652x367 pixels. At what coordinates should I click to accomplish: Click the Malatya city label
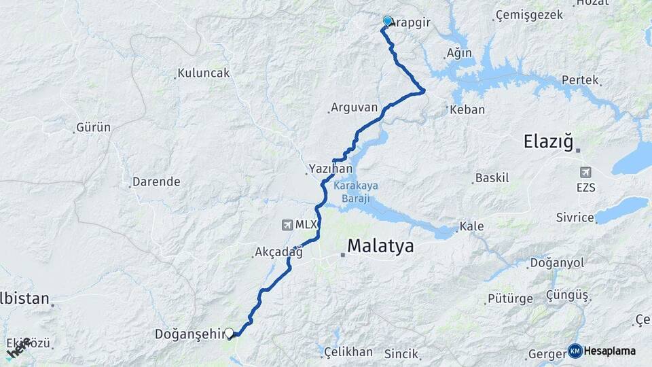click(380, 246)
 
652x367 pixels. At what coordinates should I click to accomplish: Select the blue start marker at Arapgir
click(387, 21)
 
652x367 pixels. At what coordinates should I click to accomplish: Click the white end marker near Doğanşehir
click(230, 333)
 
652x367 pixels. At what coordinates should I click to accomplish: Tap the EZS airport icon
click(585, 172)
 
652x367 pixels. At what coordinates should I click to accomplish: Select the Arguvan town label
click(354, 107)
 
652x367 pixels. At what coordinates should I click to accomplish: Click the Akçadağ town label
click(278, 252)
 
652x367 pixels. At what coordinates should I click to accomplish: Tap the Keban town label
click(468, 109)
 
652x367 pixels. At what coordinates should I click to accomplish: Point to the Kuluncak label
click(203, 73)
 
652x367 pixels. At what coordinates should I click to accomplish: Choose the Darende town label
click(156, 182)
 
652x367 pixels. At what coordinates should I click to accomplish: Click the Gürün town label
click(94, 127)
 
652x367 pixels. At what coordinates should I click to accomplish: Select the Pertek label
click(580, 80)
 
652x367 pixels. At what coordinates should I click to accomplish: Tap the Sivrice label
click(575, 218)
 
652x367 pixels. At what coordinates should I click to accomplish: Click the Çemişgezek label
click(530, 15)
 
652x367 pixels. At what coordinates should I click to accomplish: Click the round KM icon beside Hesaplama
click(575, 351)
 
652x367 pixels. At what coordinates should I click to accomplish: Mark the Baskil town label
click(492, 178)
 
